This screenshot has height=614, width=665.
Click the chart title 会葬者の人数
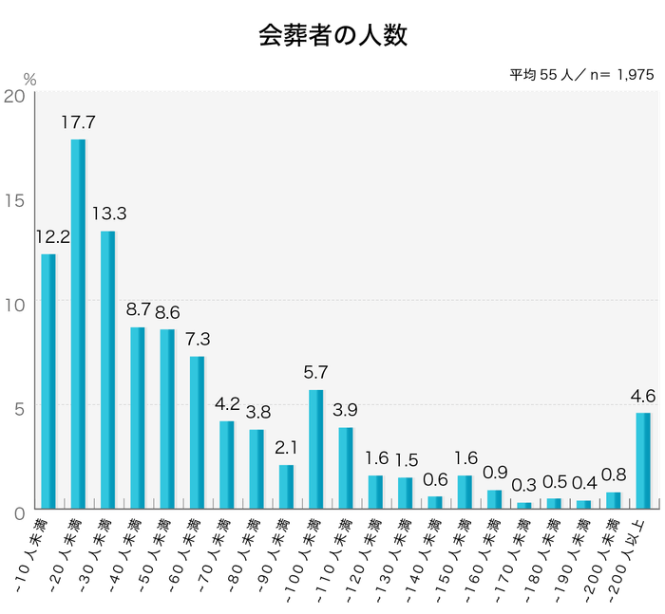pos(332,36)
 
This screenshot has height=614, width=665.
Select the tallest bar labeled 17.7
pos(78,323)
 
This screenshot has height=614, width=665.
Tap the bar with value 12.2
pos(48,380)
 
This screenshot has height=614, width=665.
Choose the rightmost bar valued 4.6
pos(643,459)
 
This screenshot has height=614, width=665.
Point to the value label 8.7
pos(138,310)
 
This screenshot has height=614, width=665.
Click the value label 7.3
pos(197,339)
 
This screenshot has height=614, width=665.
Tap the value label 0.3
pos(523,485)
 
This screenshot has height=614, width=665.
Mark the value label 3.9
pos(346,410)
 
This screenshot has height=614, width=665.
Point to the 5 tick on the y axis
pos(19,406)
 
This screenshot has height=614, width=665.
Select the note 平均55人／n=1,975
pos(580,75)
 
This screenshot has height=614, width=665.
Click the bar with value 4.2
pos(226,464)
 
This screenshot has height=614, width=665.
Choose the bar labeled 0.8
pos(613,499)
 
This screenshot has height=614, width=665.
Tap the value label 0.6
pos(434,479)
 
